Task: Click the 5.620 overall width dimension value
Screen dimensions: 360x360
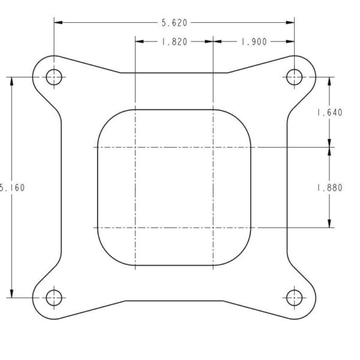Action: pos(174,23)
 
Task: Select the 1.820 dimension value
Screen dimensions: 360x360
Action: pos(174,42)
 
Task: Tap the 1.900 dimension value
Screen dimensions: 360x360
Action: pos(254,42)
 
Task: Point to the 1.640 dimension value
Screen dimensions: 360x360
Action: pos(329,112)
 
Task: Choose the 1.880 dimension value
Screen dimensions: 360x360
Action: pos(329,187)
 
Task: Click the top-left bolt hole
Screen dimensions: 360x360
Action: pos(54,77)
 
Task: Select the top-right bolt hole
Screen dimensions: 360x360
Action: pos(294,77)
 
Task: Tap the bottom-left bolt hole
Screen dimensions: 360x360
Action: pos(54,297)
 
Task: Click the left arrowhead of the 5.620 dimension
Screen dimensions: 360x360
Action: pos(58,23)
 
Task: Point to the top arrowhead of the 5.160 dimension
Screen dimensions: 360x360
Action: pos(11,80)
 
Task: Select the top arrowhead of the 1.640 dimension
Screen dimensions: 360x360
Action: pos(329,80)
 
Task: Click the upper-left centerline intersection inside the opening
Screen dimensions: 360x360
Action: pos(136,147)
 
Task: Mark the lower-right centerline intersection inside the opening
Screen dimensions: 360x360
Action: pos(213,227)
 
